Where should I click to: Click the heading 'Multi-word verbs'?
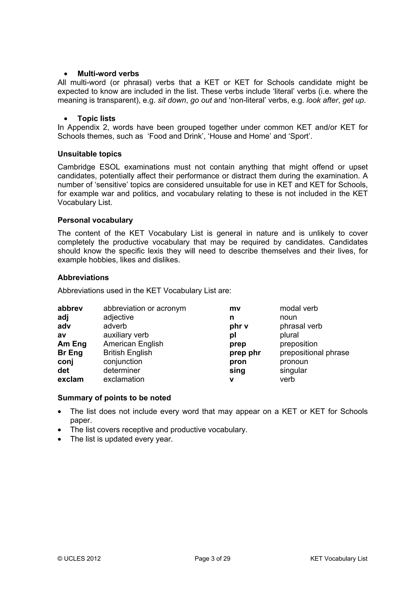click(x=108, y=74)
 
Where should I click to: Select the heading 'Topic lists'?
click(x=96, y=119)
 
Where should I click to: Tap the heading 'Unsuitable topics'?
click(x=89, y=154)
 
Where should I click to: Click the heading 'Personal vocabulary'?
click(x=95, y=220)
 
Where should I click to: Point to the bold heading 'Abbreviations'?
click(x=83, y=278)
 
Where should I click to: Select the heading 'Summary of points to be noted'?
click(x=114, y=398)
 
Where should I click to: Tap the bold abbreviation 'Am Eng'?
click(x=72, y=344)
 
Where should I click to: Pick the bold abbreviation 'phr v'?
click(x=239, y=326)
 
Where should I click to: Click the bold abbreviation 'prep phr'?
click(x=245, y=353)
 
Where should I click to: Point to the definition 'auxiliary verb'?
click(x=126, y=335)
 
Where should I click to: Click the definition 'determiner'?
click(x=122, y=370)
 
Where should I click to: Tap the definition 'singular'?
click(x=293, y=370)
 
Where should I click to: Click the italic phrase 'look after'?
click(x=322, y=100)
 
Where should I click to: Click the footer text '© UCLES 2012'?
click(x=79, y=559)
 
